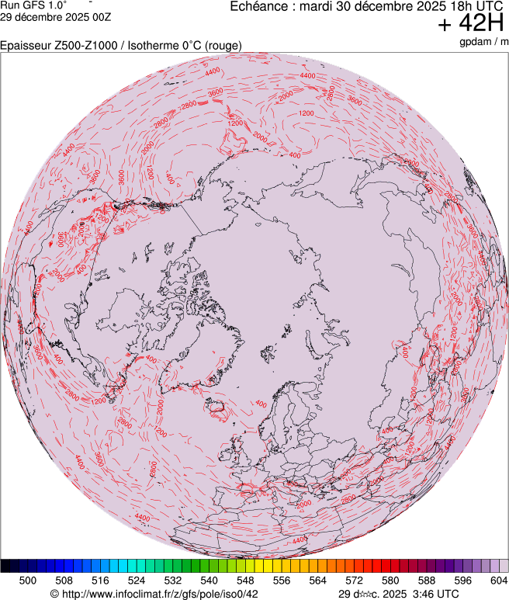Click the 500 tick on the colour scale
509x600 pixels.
27,580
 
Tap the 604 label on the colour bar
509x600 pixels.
498,580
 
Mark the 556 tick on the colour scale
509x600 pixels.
282,580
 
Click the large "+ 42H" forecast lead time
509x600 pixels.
471,24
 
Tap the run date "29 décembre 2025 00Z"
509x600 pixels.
55,16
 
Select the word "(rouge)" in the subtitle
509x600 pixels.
222,46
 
